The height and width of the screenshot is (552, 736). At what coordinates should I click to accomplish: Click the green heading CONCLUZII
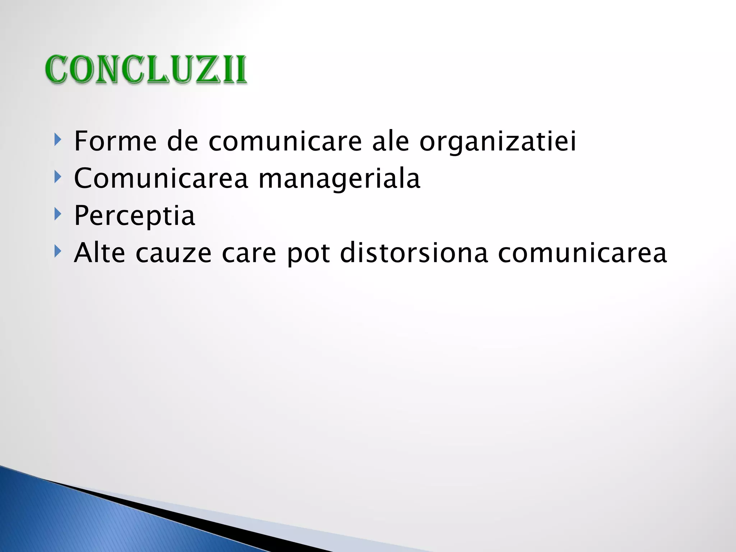pyautogui.click(x=146, y=70)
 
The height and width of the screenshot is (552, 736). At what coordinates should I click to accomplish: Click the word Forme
pyautogui.click(x=115, y=141)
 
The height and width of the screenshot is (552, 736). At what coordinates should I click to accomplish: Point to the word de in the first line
pyautogui.click(x=183, y=141)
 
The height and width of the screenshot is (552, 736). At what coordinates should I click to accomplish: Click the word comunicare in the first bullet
pyautogui.click(x=285, y=141)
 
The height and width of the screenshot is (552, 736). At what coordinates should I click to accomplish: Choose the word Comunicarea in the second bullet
pyautogui.click(x=161, y=179)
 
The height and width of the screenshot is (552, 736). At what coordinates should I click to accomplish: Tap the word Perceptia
pyautogui.click(x=134, y=216)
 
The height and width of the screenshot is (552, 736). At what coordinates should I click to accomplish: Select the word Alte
pyautogui.click(x=100, y=253)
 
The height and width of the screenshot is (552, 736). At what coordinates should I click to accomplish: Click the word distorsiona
pyautogui.click(x=414, y=253)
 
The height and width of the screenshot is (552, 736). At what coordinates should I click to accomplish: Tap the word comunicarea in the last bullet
pyautogui.click(x=582, y=253)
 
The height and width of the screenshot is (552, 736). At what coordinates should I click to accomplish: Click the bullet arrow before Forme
pyautogui.click(x=57, y=139)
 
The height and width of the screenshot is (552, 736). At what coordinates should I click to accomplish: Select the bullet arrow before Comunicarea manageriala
pyautogui.click(x=57, y=177)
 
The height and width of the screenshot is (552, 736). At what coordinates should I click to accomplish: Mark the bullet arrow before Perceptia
pyautogui.click(x=57, y=214)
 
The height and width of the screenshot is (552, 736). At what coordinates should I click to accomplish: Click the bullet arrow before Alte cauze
pyautogui.click(x=57, y=251)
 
